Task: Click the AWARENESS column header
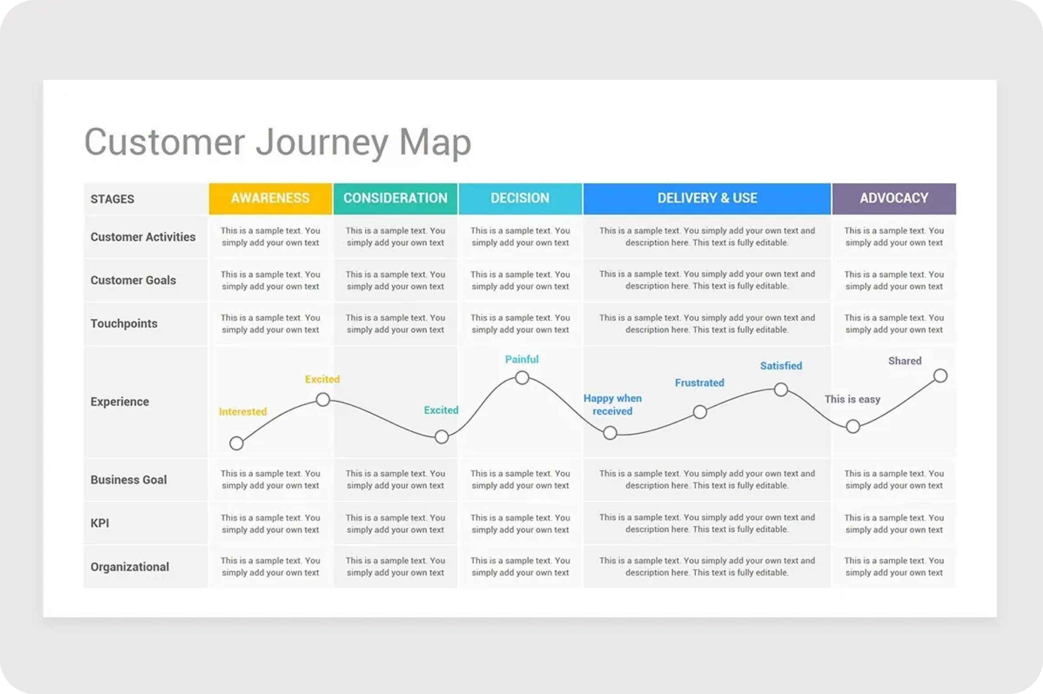point(270,198)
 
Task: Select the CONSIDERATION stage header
point(395,198)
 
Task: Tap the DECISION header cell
point(520,198)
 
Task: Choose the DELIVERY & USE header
point(707,198)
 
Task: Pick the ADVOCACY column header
point(894,198)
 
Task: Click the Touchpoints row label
point(124,323)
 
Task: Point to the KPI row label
point(100,523)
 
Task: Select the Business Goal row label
point(129,480)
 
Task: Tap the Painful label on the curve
point(522,359)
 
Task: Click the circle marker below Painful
point(522,378)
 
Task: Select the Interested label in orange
point(243,412)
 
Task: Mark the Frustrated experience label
point(699,383)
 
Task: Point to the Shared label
point(905,361)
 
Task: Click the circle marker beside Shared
point(940,375)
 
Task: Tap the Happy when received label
point(613,404)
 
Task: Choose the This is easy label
point(852,399)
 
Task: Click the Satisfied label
point(781,366)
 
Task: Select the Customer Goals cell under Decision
point(520,280)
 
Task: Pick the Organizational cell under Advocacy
point(894,566)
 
